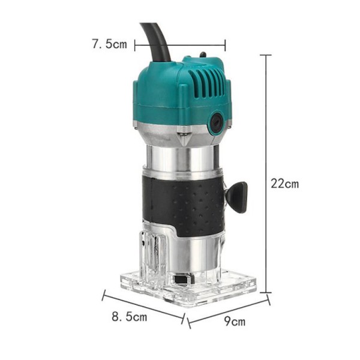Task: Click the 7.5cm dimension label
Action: [x=109, y=44]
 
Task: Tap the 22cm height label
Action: [x=284, y=184]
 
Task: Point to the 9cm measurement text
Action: [x=235, y=321]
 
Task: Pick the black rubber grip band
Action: [x=180, y=204]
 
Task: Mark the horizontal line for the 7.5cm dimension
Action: [x=180, y=44]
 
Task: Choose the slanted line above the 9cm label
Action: [x=229, y=311]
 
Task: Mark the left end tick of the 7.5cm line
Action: [x=135, y=44]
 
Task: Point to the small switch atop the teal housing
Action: [x=203, y=56]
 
